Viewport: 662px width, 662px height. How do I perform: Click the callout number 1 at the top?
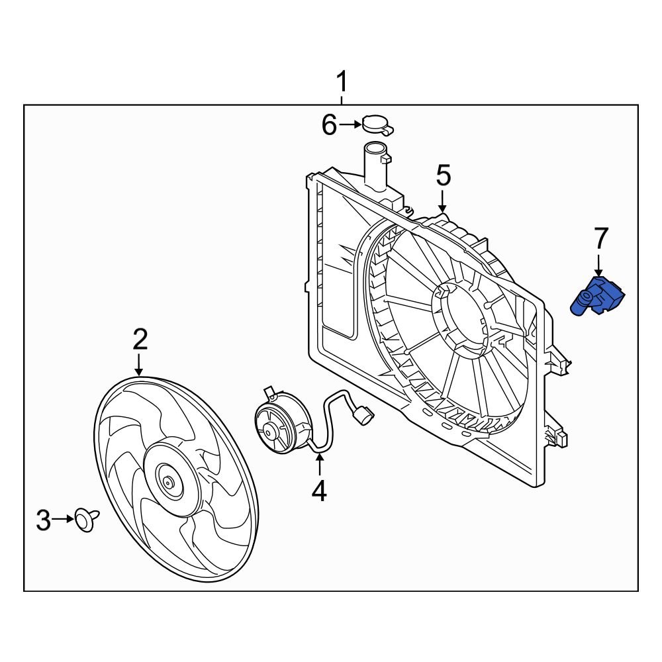342,84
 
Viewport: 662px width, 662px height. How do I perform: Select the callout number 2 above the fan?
140,340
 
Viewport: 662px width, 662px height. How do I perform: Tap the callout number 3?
43,520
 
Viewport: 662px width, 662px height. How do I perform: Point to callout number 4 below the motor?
319,491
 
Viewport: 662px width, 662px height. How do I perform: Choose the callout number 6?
329,124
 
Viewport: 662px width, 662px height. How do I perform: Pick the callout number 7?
600,238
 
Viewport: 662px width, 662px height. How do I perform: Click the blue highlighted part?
598,297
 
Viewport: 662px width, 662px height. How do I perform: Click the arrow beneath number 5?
443,201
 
